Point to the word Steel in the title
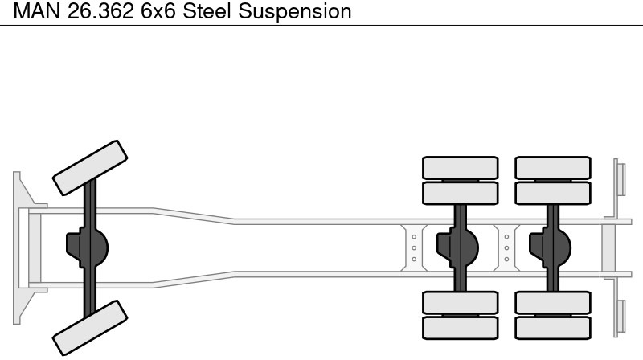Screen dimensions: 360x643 click(x=210, y=11)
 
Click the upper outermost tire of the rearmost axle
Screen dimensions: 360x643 click(x=553, y=167)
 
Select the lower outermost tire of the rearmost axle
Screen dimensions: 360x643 click(x=553, y=327)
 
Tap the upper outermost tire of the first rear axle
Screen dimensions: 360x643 click(x=461, y=167)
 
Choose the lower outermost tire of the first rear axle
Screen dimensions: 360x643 click(x=461, y=327)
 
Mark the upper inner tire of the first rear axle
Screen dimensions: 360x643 click(x=461, y=193)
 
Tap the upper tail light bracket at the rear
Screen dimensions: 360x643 click(x=620, y=178)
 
